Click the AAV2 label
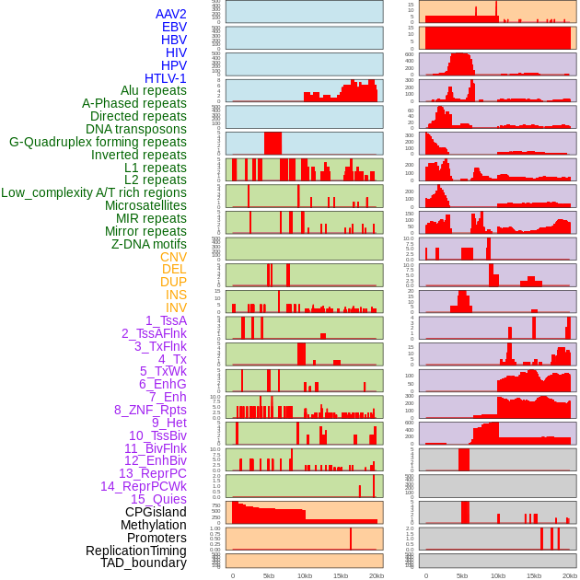pyautogui.click(x=171, y=14)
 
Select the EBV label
pyautogui.click(x=174, y=27)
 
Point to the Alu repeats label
pyautogui.click(x=154, y=90)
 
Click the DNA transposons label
pyautogui.click(x=136, y=129)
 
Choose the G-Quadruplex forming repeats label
pyautogui.click(x=98, y=142)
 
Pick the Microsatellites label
pyautogui.click(x=145, y=205)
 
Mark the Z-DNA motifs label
pyautogui.click(x=149, y=244)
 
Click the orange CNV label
pyautogui.click(x=173, y=257)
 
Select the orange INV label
pyautogui.click(x=176, y=307)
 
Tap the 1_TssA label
pyautogui.click(x=166, y=320)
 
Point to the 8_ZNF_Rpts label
pyautogui.click(x=150, y=410)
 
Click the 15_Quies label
pyautogui.click(x=158, y=499)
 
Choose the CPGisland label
pyautogui.click(x=156, y=512)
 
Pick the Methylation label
pyautogui.click(x=153, y=525)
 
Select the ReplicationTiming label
pyautogui.click(x=136, y=551)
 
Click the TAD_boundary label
pyautogui.click(x=144, y=563)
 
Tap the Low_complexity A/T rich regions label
pyautogui.click(x=94, y=192)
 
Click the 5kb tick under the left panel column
pyautogui.click(x=269, y=575)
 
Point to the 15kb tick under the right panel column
pyautogui.click(x=534, y=575)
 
